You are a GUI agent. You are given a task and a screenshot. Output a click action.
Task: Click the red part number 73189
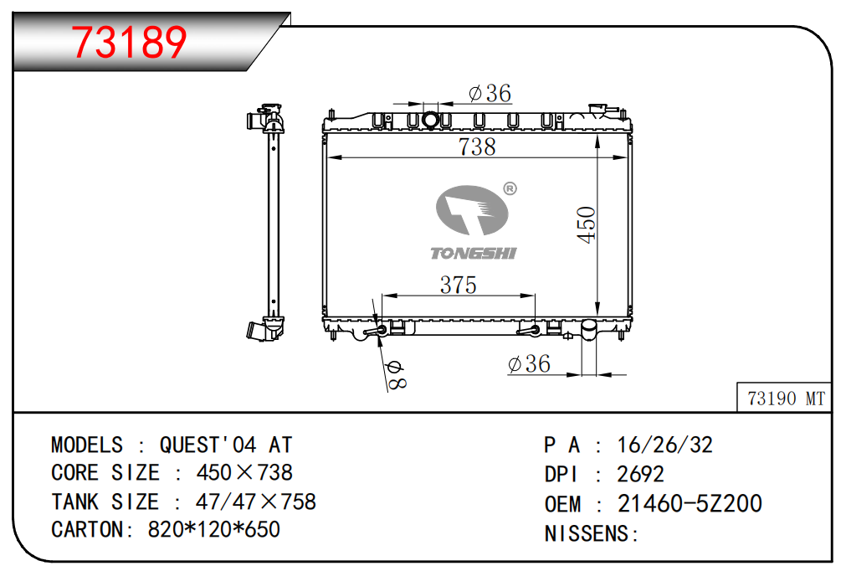129,42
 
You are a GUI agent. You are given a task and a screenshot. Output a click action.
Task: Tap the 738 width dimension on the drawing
477,147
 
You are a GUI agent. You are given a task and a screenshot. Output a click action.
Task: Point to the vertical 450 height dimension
586,224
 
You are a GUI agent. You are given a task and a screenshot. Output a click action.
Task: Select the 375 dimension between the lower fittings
458,285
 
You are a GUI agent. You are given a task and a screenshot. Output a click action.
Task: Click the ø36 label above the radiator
490,93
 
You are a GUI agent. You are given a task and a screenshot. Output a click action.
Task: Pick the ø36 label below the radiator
530,363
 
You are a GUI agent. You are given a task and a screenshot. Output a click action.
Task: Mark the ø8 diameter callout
397,374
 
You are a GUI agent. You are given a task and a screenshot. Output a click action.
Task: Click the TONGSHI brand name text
473,253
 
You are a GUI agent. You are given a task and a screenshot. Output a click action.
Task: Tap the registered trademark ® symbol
510,188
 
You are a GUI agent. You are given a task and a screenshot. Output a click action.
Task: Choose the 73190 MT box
784,399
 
